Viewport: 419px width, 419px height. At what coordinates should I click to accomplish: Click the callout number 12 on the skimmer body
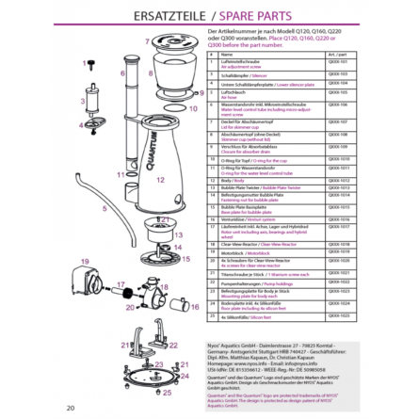160,179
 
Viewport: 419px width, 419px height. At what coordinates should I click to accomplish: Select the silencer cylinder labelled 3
89,103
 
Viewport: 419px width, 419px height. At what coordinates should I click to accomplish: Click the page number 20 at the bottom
70,408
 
